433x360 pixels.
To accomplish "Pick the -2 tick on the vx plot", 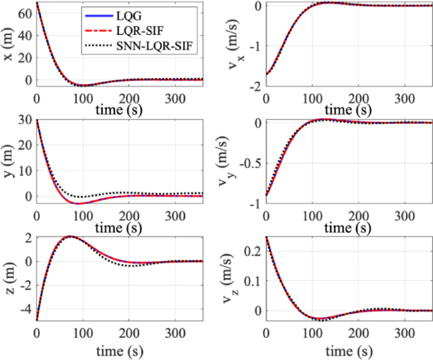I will (x=255, y=86).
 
